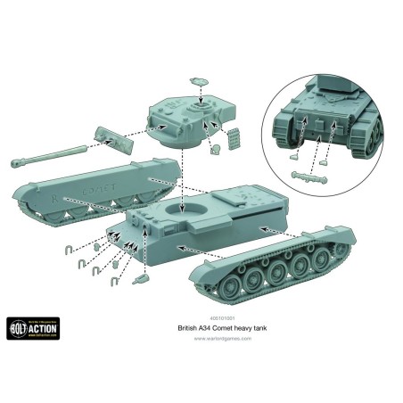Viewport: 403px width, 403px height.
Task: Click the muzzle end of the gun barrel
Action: click(17, 162)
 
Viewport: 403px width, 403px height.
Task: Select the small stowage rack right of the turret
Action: click(235, 139)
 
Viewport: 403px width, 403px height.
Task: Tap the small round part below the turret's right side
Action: click(215, 149)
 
